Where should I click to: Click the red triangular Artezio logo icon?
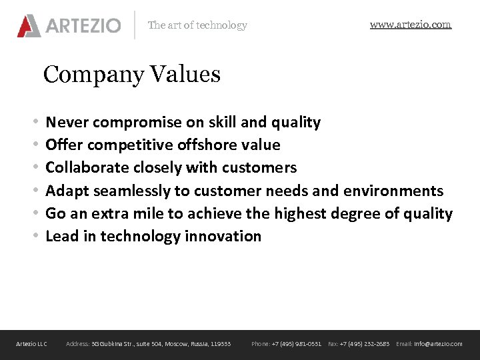tap(29, 25)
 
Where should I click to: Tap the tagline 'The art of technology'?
tap(197, 25)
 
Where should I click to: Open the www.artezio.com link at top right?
tap(411, 25)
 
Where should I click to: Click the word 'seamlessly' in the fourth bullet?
tap(132, 191)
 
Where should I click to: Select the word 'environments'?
tap(393, 191)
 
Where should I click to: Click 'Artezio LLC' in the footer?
tap(32, 344)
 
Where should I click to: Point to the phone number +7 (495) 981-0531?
tap(296, 344)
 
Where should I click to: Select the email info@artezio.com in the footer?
tap(438, 344)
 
